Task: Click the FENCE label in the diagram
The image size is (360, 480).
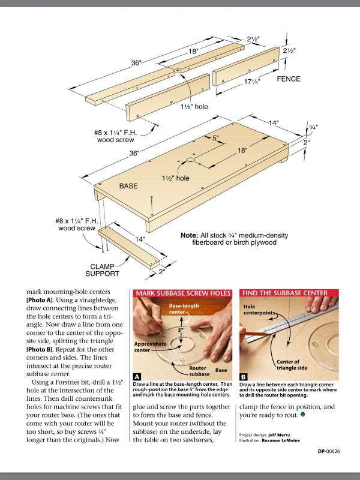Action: pos(289,79)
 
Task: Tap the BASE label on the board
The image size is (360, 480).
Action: pos(128,187)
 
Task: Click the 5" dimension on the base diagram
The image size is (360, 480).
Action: pos(215,138)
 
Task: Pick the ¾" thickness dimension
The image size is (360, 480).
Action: pos(313,127)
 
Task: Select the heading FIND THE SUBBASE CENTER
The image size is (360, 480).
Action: pos(284,293)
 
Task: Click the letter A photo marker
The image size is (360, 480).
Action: pos(137,377)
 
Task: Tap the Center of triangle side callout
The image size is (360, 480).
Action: pos(292,365)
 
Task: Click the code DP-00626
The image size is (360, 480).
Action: pos(329,452)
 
